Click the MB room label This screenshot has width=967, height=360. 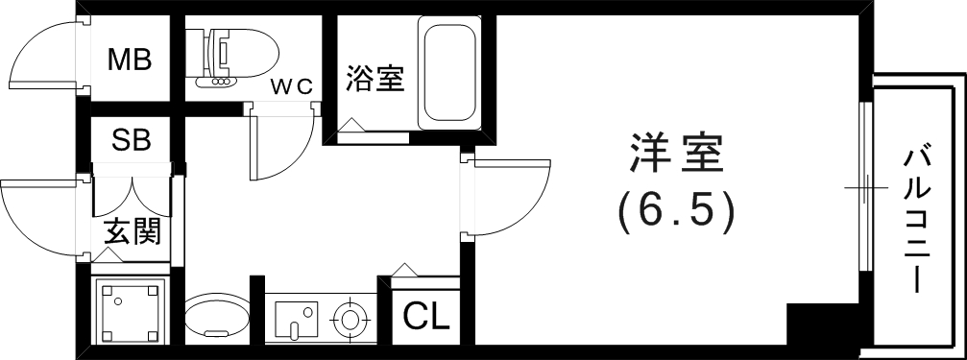129,60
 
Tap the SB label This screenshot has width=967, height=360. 131,141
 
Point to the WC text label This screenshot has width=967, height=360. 292,85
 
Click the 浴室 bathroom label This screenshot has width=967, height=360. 375,79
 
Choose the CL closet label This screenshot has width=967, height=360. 425,316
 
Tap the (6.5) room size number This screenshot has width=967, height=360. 677,209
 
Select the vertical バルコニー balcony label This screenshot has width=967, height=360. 918,219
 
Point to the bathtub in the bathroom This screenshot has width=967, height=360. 448,72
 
